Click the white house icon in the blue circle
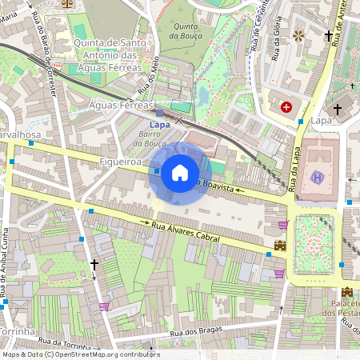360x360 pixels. (180, 171)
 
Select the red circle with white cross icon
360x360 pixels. (286, 106)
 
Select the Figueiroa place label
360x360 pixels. (121, 162)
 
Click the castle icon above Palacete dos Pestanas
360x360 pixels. (347, 292)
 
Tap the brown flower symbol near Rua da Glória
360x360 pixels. (299, 36)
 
